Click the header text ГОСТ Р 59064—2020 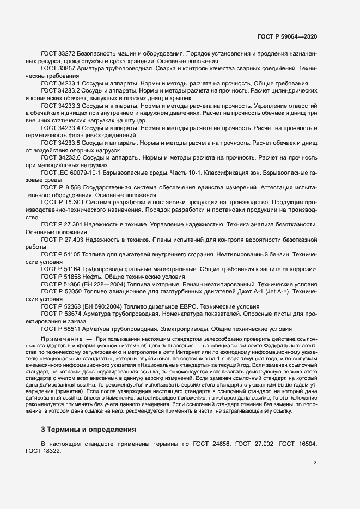click(x=287, y=36)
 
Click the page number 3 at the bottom click(x=315, y=463)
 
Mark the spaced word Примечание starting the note click(x=60, y=339)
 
